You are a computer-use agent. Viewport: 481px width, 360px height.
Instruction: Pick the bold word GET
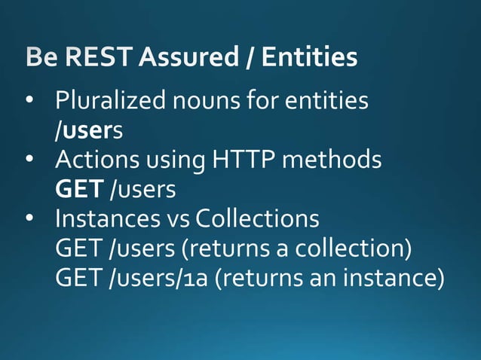coord(79,189)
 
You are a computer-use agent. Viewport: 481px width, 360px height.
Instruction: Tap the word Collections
coord(256,219)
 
